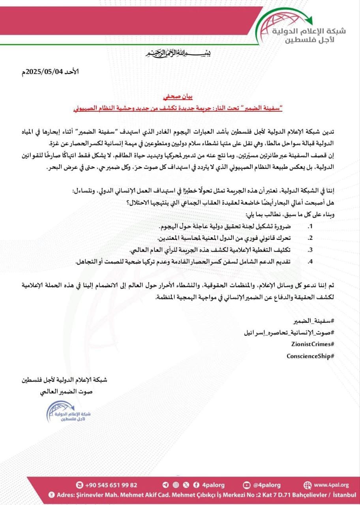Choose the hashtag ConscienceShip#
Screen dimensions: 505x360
pyautogui.click(x=311, y=356)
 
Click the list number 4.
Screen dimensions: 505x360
pyautogui.click(x=310, y=261)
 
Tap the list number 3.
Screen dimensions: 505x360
pyautogui.click(x=310, y=250)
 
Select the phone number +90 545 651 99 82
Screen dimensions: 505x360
pyautogui.click(x=112, y=485)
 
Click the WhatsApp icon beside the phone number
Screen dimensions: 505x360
pyautogui.click(x=80, y=485)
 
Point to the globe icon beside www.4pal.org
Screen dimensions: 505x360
pyautogui.click(x=307, y=485)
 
